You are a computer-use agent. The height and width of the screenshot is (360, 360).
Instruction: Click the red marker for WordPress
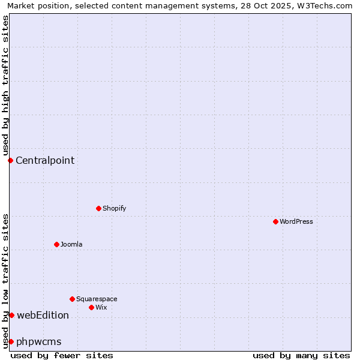click(275, 221)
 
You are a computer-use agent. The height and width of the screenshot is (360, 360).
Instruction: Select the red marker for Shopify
click(98, 208)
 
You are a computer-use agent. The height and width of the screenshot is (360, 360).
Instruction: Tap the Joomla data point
click(56, 244)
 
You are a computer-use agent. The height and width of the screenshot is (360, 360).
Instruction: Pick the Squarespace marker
click(72, 299)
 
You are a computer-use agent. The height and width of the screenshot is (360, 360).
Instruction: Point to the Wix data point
click(91, 307)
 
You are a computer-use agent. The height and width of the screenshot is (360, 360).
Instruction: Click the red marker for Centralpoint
click(10, 160)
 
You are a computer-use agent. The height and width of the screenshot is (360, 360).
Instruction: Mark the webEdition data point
click(11, 315)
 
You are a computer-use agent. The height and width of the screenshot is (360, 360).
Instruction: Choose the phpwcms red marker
click(11, 341)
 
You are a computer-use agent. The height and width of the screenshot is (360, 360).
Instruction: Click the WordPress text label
click(296, 221)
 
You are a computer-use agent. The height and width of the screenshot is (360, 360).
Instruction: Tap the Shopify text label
click(114, 208)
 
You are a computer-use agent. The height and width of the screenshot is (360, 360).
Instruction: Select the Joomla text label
click(71, 244)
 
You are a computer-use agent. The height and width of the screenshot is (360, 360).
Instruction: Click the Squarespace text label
click(97, 299)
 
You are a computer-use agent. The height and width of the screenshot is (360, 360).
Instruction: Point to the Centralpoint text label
click(45, 160)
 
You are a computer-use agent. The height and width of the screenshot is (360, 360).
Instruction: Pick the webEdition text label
click(43, 315)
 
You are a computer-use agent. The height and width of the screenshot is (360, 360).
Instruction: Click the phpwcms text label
click(39, 341)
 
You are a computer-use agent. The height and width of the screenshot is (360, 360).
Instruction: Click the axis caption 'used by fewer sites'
click(62, 355)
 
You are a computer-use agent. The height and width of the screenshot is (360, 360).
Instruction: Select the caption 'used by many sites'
click(301, 355)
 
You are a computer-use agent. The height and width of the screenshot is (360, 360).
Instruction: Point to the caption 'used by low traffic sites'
click(5, 280)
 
